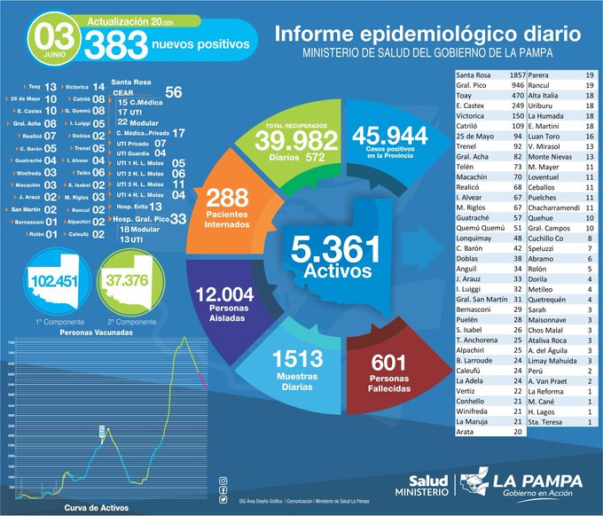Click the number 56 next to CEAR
coord(174,92)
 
